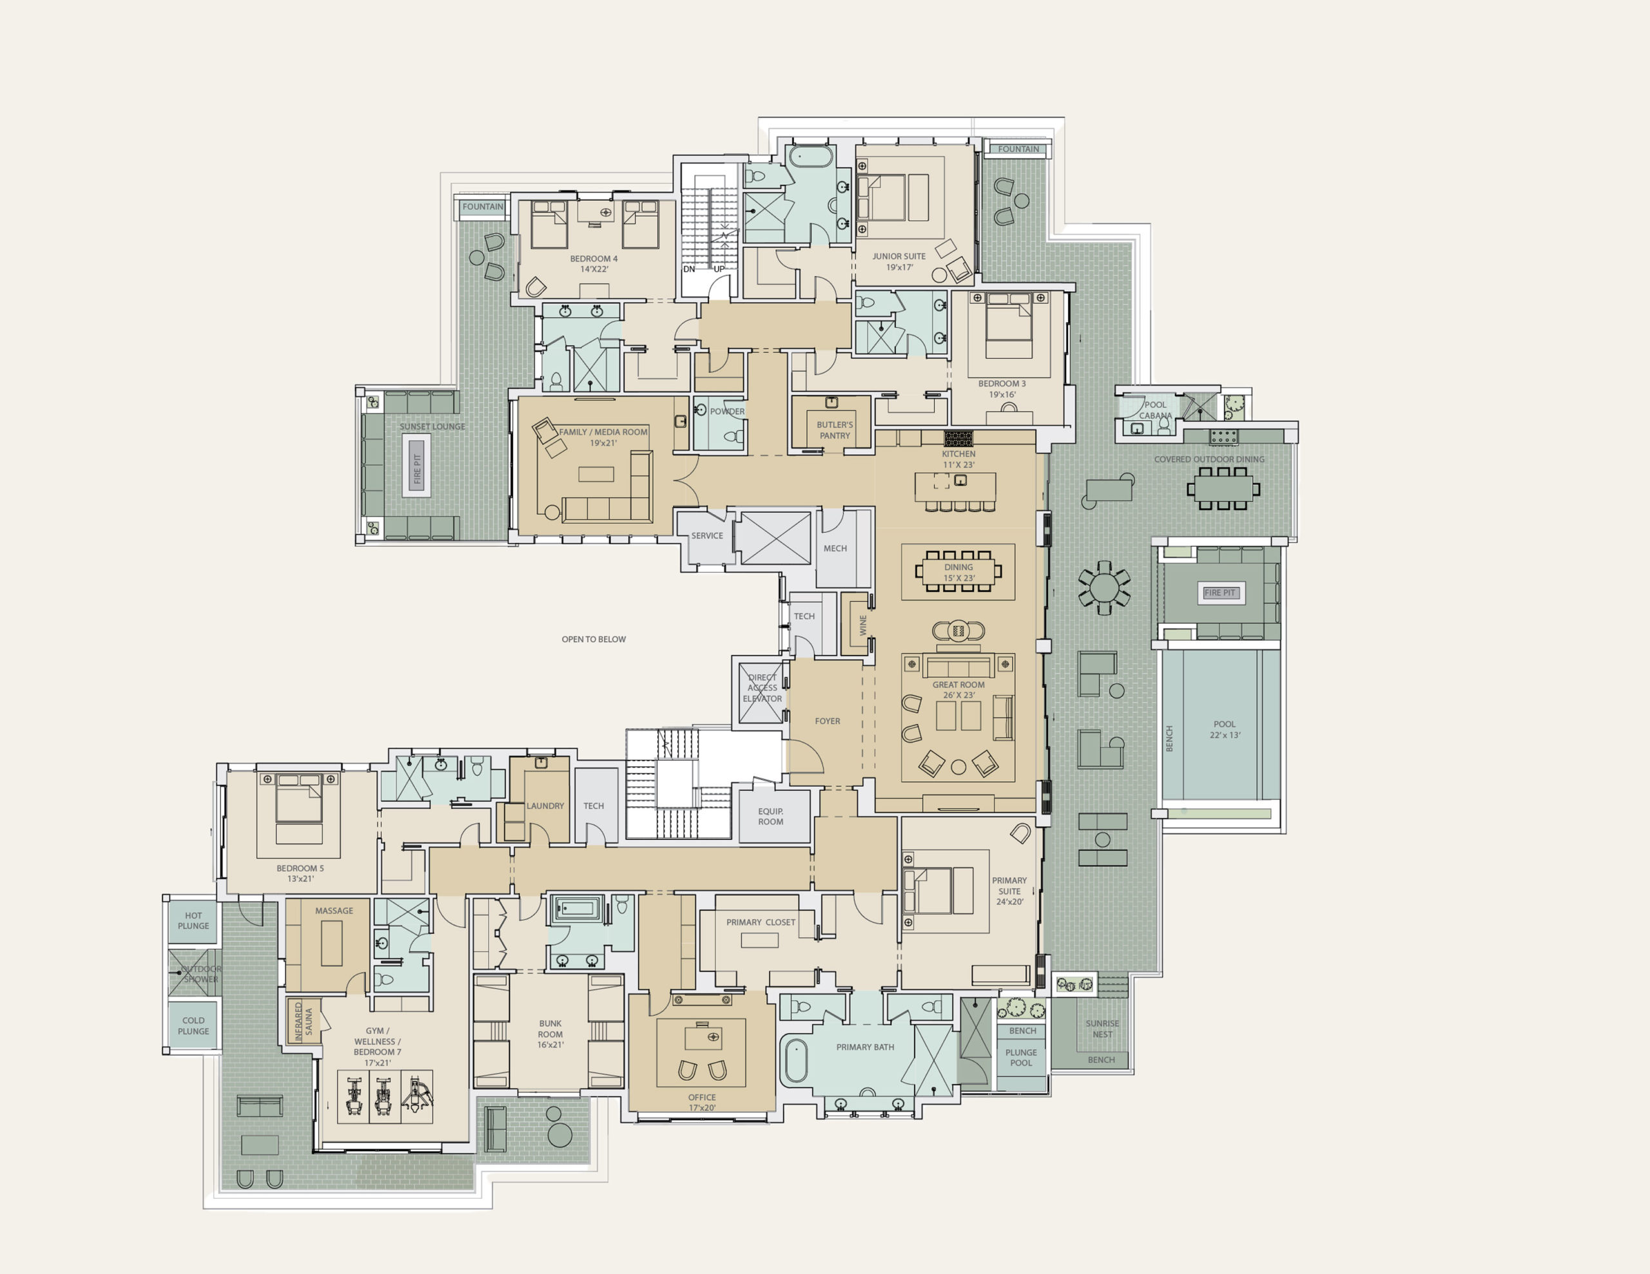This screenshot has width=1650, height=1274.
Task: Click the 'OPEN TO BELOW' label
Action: [x=593, y=639]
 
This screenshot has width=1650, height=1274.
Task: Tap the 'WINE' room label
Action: [x=863, y=625]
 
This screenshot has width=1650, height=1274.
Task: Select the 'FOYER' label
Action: [x=828, y=721]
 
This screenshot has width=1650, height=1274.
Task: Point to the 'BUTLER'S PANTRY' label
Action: [x=835, y=430]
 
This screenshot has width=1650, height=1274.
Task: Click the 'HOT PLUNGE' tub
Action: [x=193, y=921]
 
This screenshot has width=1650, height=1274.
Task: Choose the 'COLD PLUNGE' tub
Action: [x=193, y=1025]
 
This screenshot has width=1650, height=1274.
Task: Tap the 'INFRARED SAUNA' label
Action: [x=303, y=1022]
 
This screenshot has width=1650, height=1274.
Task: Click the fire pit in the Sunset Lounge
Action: [x=417, y=469]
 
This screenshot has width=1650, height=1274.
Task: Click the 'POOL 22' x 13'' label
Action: [x=1225, y=730]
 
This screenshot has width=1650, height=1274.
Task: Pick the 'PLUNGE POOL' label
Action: [x=1021, y=1057]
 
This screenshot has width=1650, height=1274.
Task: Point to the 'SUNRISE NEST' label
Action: [x=1102, y=1029]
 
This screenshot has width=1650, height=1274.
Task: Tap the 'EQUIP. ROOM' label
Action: [x=771, y=816]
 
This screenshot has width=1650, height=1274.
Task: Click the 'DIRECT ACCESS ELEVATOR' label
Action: [x=762, y=688]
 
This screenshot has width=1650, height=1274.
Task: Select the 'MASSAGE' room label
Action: [x=334, y=911]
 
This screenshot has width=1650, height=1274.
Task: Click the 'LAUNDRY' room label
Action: [x=545, y=806]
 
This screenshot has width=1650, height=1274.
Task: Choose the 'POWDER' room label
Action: [x=728, y=412]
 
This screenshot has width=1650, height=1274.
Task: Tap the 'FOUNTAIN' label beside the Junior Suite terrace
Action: [x=1018, y=149]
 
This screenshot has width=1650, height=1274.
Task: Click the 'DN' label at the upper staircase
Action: [x=689, y=269]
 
